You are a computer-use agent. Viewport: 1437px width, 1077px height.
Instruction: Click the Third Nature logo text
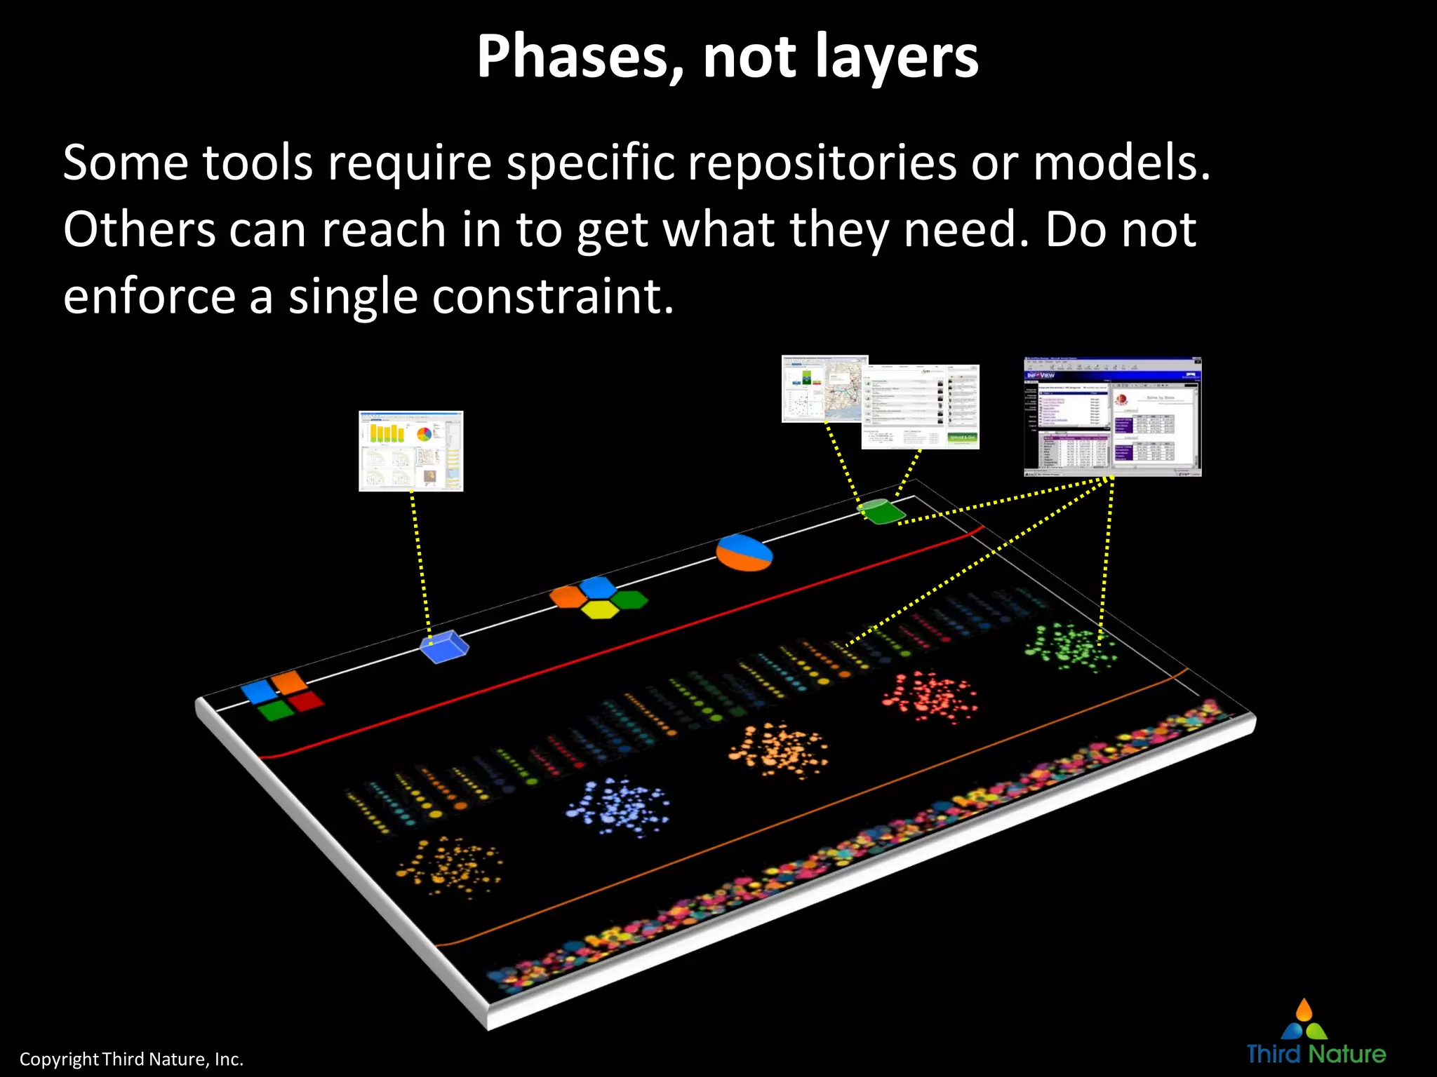tap(1316, 1054)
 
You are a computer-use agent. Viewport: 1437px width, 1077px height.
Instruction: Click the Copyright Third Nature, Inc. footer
tap(131, 1059)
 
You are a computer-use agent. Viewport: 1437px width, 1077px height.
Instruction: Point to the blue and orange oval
tap(744, 553)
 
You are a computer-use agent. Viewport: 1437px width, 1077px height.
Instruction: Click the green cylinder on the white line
tap(881, 510)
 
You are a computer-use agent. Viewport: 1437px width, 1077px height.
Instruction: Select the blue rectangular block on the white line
tap(444, 646)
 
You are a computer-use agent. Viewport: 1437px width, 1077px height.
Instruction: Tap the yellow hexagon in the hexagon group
tap(600, 611)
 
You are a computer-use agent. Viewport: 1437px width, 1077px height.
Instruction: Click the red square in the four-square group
tap(307, 700)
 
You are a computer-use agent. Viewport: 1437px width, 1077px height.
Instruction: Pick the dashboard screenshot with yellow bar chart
tap(410, 451)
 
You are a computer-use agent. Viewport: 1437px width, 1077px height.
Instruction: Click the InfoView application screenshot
tap(1113, 416)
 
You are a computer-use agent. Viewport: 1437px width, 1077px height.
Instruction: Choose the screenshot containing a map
tap(824, 388)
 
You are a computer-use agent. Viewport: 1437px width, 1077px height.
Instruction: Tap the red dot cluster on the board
tap(929, 697)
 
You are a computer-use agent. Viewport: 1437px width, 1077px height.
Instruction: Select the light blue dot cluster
tap(617, 806)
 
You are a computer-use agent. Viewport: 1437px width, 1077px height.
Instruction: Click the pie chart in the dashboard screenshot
tap(424, 434)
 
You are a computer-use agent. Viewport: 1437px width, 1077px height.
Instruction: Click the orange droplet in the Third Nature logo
tap(1304, 1010)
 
